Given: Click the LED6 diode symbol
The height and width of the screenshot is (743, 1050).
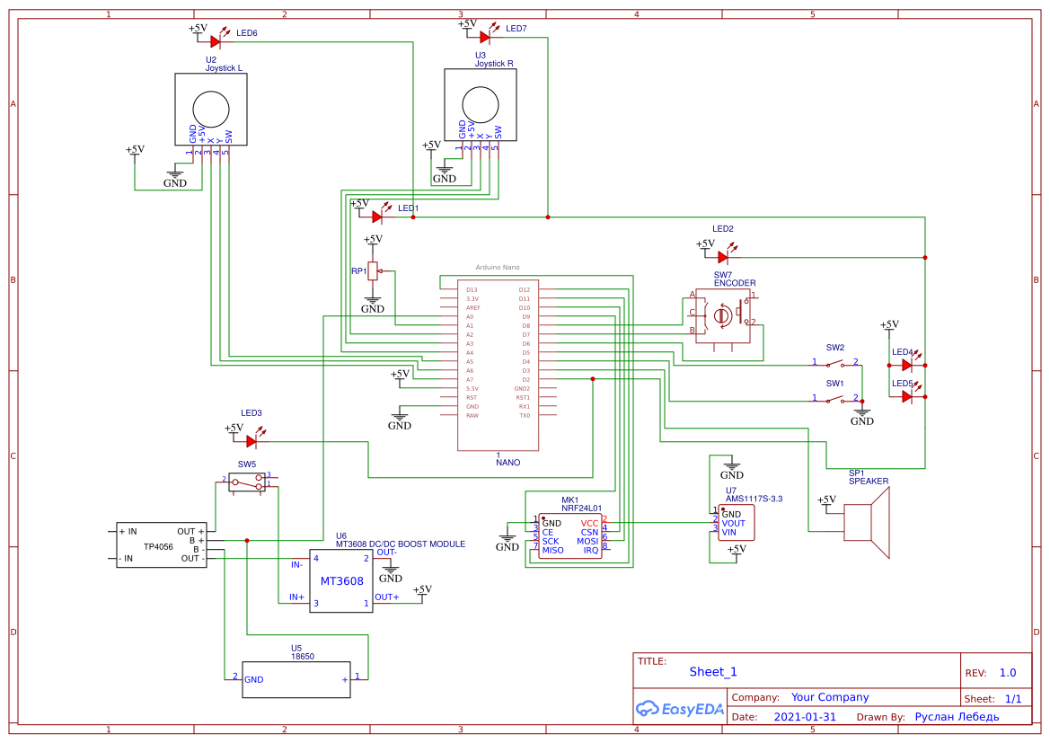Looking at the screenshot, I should (x=216, y=41).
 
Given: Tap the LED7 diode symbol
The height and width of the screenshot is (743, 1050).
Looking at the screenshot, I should (x=485, y=37).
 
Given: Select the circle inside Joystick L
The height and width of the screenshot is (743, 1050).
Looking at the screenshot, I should (x=211, y=110).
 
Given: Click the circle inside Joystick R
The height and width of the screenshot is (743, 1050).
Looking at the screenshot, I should (x=481, y=104).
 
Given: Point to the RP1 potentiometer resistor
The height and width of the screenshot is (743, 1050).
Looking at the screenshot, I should (x=373, y=270).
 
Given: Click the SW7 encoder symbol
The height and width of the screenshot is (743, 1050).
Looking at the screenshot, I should (x=724, y=315).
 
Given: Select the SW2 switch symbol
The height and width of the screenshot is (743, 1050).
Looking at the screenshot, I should (x=835, y=363).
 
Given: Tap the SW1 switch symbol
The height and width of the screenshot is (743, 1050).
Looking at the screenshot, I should (x=835, y=398).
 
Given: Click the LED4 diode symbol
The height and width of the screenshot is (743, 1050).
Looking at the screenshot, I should (x=907, y=365).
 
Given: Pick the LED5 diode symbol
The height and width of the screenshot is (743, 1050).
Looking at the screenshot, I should (x=907, y=396).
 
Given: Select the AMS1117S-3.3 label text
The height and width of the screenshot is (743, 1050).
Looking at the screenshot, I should (x=754, y=499).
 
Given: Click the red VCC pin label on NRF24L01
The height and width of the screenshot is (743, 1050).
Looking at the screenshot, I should (x=589, y=523).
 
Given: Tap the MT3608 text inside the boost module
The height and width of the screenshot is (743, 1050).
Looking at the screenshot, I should (x=341, y=581).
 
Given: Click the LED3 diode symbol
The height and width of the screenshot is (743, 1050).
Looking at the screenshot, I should (x=251, y=441).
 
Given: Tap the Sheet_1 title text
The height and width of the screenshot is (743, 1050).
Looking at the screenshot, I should (x=713, y=671).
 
